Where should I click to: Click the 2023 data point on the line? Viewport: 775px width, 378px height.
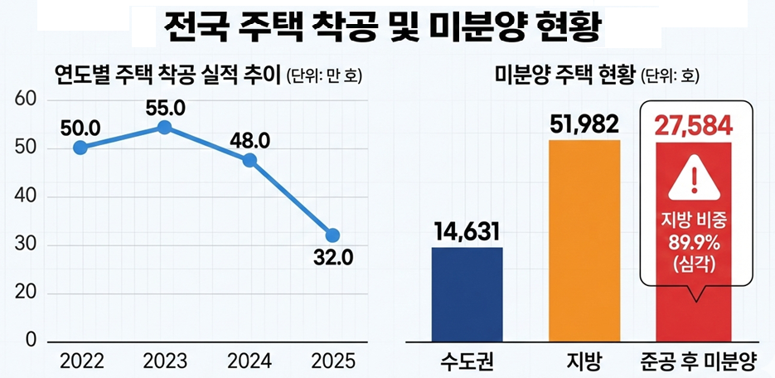tap(164, 127)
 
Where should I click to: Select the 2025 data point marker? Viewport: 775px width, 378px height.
tap(332, 235)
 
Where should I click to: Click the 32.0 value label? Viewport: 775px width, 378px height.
tap(333, 258)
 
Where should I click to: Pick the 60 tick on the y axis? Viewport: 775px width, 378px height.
tap(27, 99)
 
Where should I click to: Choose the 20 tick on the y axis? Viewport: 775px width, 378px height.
tap(27, 293)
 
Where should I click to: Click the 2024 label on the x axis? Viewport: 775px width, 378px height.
tap(248, 362)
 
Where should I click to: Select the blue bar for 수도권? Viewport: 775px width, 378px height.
tap(467, 293)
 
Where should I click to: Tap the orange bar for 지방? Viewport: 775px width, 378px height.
tap(584, 240)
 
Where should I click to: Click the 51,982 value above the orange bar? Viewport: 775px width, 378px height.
tap(584, 124)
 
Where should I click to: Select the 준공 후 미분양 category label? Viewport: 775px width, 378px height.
tap(697, 361)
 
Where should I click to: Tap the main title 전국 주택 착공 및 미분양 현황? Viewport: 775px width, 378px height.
tap(386, 29)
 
